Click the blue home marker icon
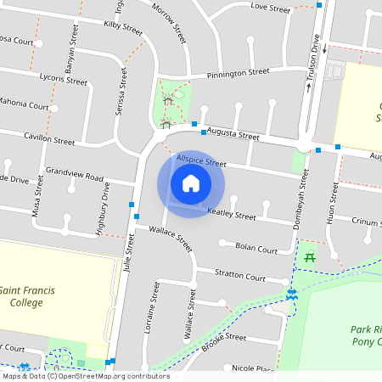pos(191,183)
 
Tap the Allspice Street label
pos(201,161)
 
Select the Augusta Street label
pos(234,135)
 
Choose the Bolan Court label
pos(256,250)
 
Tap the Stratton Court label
pos(241,276)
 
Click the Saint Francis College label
pos(28,296)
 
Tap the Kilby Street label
pos(123,28)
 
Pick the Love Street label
pos(271,7)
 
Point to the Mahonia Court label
pos(24,106)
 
